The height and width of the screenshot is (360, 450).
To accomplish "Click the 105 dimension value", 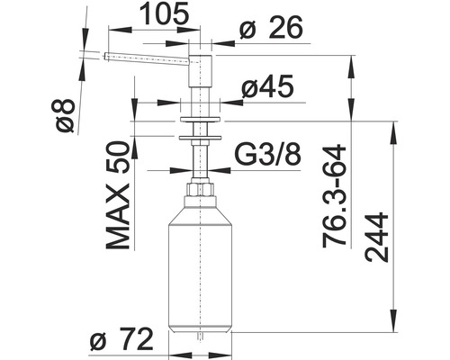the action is pyautogui.click(x=165, y=13).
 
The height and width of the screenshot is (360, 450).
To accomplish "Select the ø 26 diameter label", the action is pyautogui.click(x=271, y=28).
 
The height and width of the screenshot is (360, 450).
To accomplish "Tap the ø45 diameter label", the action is pyautogui.click(x=267, y=86).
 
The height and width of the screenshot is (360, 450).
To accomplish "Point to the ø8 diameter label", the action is pyautogui.click(x=65, y=116).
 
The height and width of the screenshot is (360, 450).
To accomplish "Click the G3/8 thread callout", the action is pyautogui.click(x=267, y=155).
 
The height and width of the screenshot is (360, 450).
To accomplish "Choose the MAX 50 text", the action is pyautogui.click(x=118, y=195).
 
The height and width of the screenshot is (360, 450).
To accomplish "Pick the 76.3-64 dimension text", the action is pyautogui.click(x=334, y=195).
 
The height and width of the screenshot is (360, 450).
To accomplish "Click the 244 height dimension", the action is pyautogui.click(x=377, y=237).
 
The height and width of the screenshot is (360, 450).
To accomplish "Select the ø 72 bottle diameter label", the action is pyautogui.click(x=121, y=339).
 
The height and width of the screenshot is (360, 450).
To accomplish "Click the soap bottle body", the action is pyautogui.click(x=200, y=268).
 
